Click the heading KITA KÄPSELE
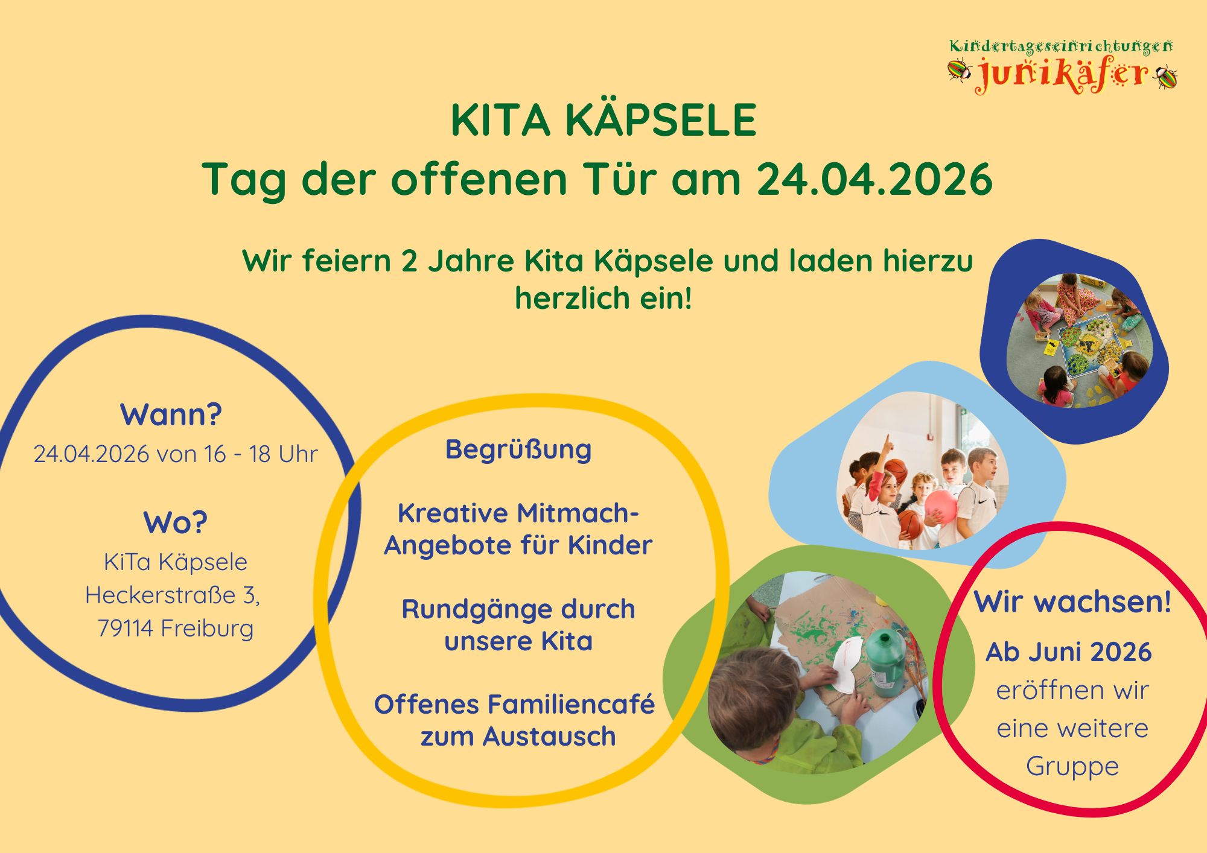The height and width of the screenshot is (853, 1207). pos(603,119)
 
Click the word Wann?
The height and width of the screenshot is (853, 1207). pos(171,414)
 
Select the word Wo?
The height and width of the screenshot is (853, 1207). pos(175,522)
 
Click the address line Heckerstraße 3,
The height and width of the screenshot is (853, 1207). pos(173,595)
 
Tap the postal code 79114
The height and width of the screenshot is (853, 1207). pos(125,628)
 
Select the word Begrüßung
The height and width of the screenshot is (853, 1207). pos(518,449)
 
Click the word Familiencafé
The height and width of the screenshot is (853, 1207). pos(571,704)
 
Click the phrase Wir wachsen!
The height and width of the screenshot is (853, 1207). pos(1073,601)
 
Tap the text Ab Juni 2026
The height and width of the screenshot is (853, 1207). pos(1069,652)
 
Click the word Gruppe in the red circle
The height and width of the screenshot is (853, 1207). pos(1072,767)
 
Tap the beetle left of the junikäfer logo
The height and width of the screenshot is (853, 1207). pos(958,70)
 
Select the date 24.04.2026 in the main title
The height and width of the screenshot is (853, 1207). pos(874,179)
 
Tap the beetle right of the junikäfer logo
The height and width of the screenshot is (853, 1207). pos(1165,77)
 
